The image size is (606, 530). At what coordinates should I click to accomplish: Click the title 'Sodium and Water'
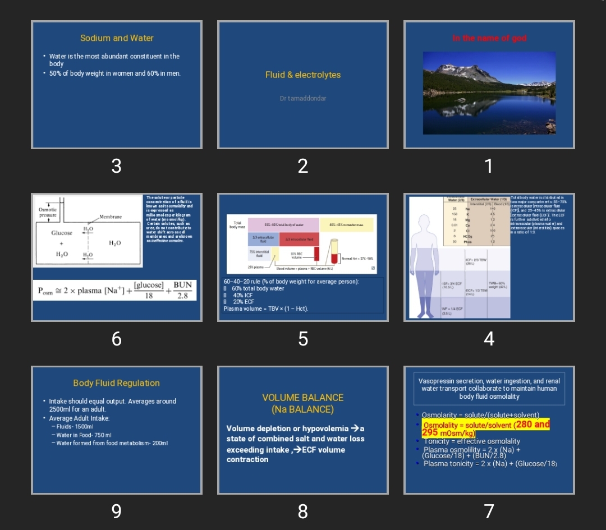click(x=117, y=38)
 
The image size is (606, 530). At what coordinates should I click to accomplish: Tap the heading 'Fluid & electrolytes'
click(x=303, y=75)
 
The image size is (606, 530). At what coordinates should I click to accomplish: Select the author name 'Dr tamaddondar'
click(x=303, y=98)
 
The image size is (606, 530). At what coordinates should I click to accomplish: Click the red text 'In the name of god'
click(x=489, y=38)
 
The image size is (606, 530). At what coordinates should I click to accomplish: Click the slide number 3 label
click(x=116, y=166)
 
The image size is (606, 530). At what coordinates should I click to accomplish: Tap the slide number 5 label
click(x=303, y=339)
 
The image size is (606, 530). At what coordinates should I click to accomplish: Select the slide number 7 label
click(x=489, y=511)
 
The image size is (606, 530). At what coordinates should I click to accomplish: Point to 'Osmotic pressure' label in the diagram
click(x=48, y=212)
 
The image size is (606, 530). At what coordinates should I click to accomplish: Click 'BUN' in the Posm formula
click(x=182, y=285)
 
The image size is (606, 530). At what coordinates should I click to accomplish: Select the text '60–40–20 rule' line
click(x=291, y=282)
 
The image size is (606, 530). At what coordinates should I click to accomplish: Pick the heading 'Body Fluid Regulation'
click(x=117, y=383)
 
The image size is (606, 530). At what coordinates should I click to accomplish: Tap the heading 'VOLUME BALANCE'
click(x=303, y=398)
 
